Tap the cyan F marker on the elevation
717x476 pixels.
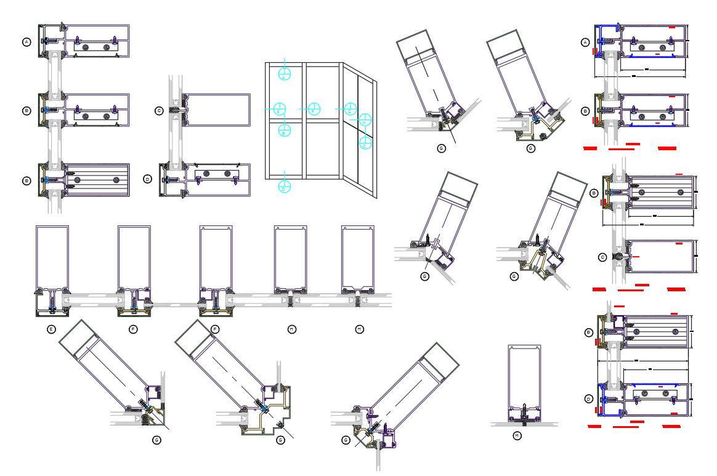point(314,109)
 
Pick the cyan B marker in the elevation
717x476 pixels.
point(283,130)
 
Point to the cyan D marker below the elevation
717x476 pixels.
point(284,185)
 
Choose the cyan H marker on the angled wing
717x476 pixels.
point(365,122)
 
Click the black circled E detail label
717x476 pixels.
point(51,329)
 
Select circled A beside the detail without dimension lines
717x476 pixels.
point(26,42)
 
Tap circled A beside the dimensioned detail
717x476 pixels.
point(585,42)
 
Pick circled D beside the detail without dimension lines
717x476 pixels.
point(147,179)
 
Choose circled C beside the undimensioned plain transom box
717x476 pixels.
point(159,111)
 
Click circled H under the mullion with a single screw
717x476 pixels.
point(517,435)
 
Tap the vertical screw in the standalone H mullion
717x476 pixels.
point(524,413)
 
